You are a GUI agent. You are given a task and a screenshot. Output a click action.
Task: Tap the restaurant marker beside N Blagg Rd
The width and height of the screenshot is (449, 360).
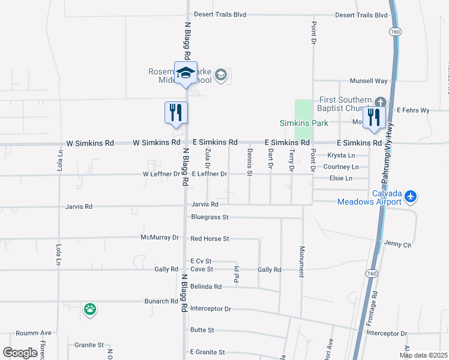click(176, 113)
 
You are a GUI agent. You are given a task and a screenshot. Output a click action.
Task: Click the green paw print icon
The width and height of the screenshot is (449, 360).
click(90, 310)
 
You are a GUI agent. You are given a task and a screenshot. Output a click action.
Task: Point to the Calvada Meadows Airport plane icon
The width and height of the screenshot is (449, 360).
click(411, 196)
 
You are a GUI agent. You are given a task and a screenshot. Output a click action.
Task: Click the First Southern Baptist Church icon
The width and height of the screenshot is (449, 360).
click(380, 101)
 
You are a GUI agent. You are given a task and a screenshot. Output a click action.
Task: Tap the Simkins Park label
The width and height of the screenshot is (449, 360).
click(304, 123)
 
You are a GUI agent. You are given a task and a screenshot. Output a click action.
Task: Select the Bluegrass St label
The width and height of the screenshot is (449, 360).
click(210, 217)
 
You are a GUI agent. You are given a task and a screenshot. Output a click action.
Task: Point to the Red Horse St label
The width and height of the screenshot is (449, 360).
click(209, 239)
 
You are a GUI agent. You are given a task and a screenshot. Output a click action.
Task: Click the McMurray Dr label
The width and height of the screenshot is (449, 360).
click(160, 237)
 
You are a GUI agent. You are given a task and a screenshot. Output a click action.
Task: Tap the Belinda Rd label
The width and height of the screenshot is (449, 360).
click(206, 287)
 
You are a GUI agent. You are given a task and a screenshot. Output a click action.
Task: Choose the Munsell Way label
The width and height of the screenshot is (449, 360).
click(369, 80)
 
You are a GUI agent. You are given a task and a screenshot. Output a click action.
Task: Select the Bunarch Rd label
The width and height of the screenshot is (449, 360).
click(161, 301)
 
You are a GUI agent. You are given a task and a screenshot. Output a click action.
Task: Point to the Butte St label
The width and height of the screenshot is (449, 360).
click(202, 330)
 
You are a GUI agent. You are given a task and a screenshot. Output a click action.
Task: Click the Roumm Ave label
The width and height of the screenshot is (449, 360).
click(34, 333)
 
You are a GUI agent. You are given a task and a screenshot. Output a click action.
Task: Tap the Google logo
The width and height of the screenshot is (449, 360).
click(20, 353)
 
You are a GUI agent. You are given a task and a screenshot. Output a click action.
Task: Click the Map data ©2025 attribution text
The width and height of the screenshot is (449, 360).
click(424, 355)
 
